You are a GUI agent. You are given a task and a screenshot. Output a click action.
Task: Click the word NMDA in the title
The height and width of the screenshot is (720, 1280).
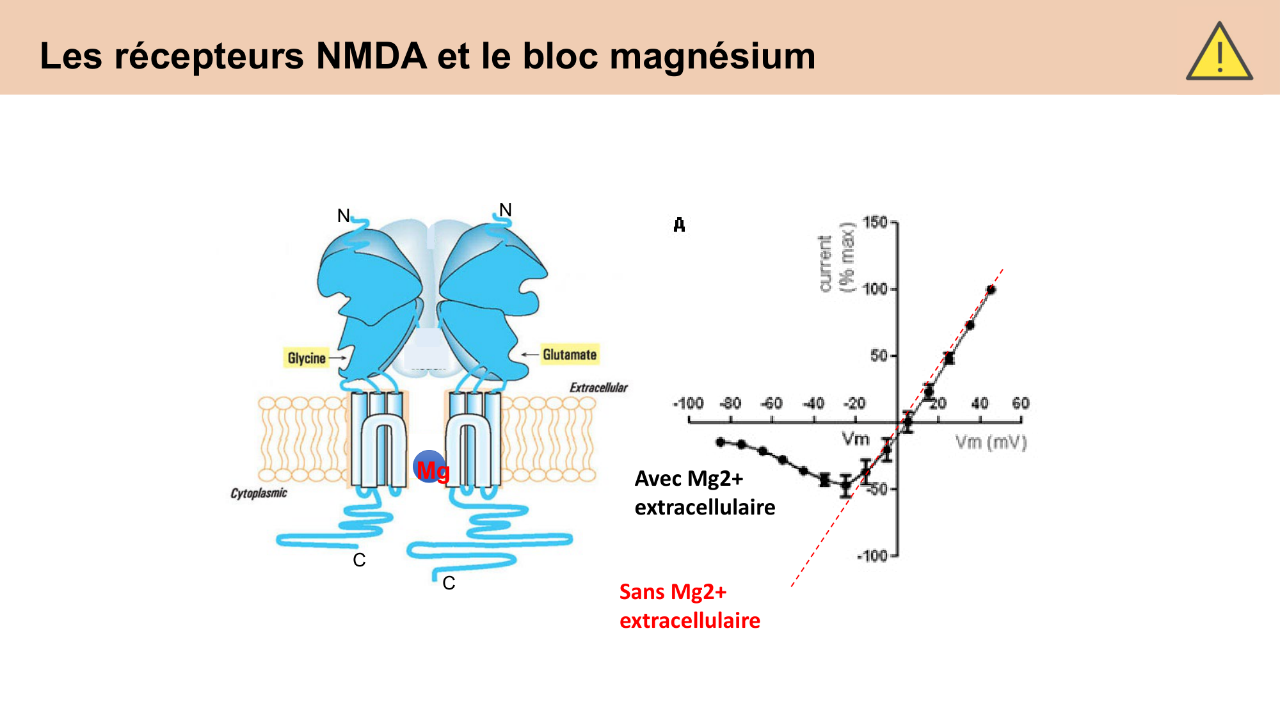[371, 56]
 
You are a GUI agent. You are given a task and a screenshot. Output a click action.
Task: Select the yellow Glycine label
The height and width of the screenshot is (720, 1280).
[307, 358]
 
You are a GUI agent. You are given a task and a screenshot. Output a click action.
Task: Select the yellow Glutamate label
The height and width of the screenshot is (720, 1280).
[570, 354]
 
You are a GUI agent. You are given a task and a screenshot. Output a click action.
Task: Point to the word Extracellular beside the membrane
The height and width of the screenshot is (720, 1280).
[598, 387]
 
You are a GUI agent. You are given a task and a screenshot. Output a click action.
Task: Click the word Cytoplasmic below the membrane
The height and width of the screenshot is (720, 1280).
[259, 493]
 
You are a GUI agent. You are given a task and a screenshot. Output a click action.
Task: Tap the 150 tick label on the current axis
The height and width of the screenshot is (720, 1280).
[875, 222]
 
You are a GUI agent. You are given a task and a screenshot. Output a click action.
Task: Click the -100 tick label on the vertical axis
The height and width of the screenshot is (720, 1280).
[874, 556]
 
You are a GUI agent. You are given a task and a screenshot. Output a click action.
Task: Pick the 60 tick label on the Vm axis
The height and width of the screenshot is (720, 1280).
[1020, 403]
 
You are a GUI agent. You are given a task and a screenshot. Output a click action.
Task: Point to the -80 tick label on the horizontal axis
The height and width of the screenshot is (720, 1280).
[730, 403]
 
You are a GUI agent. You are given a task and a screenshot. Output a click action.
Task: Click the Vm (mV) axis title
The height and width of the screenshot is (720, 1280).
[991, 442]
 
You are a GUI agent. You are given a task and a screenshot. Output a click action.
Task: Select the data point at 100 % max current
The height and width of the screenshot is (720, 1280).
[991, 290]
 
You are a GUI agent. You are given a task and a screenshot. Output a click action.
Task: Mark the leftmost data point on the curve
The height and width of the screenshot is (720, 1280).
[721, 442]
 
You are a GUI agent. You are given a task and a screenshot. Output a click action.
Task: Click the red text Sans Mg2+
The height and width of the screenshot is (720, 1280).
[673, 592]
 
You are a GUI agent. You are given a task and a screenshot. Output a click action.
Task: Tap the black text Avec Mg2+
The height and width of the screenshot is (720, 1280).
[689, 479]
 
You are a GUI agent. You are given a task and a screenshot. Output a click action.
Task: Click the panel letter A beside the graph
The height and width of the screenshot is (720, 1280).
[679, 225]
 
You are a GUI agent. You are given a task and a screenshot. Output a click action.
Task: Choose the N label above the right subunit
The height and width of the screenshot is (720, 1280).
[506, 210]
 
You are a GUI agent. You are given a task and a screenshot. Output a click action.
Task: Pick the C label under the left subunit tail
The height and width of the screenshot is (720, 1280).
[359, 560]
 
